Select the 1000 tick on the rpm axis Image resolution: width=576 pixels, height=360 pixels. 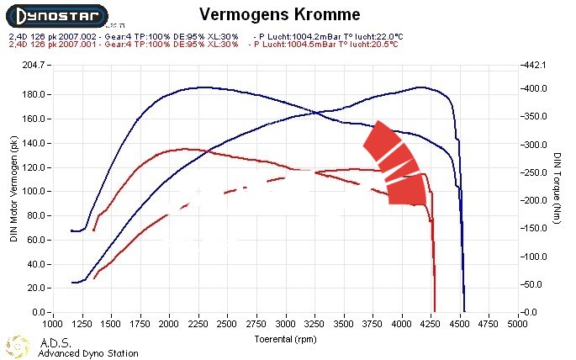click(x=53, y=322)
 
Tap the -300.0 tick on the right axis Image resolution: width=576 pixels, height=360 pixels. click(x=538, y=145)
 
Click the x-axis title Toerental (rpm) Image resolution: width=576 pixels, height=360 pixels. click(x=286, y=339)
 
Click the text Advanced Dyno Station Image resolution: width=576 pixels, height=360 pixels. click(x=88, y=353)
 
